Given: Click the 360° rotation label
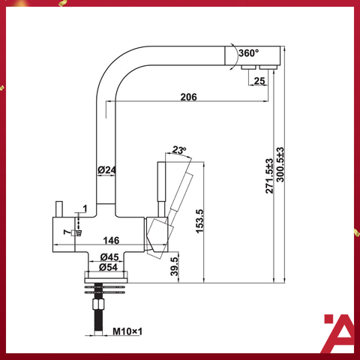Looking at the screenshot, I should pos(248,53).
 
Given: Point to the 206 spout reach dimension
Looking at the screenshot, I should pos(188,96).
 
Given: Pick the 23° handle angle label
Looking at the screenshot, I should pos(178,149).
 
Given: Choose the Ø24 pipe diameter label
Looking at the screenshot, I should pos(106,171).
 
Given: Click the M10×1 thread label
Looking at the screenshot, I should pos(127,331).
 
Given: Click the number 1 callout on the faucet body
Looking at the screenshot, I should pos(85,208).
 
